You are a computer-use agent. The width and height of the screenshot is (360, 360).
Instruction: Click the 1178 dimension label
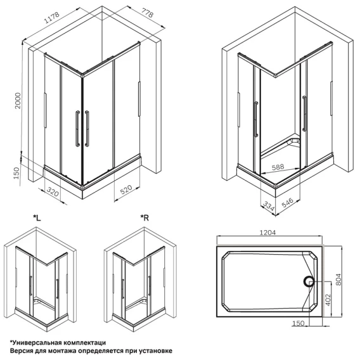(52, 18)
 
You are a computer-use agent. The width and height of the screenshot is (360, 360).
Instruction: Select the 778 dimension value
(147, 13)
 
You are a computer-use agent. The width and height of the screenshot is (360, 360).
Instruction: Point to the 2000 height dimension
(18, 101)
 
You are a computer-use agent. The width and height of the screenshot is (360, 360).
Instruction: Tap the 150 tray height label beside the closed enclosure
(16, 173)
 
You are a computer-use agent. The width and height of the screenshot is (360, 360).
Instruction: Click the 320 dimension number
(53, 191)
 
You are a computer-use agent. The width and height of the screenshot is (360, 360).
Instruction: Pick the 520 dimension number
(126, 190)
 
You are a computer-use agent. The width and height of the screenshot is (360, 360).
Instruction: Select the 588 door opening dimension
(278, 167)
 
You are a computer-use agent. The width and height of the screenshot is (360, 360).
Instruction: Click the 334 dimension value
(269, 206)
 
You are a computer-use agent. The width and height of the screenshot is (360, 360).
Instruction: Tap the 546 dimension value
(288, 203)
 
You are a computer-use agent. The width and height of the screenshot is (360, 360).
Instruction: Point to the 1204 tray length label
(267, 233)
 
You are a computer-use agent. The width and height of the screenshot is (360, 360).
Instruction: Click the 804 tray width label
(338, 280)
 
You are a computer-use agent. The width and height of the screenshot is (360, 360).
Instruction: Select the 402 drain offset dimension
(328, 300)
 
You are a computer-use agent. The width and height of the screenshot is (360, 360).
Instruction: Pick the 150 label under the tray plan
(299, 323)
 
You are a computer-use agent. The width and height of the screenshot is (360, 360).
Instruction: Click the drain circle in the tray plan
(309, 281)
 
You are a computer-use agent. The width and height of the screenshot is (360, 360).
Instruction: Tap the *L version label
(37, 217)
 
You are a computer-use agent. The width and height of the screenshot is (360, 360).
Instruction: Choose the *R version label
(145, 217)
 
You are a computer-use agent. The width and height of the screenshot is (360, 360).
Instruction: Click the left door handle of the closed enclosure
(77, 129)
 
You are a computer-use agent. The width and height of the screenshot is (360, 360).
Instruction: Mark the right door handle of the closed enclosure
(87, 129)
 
